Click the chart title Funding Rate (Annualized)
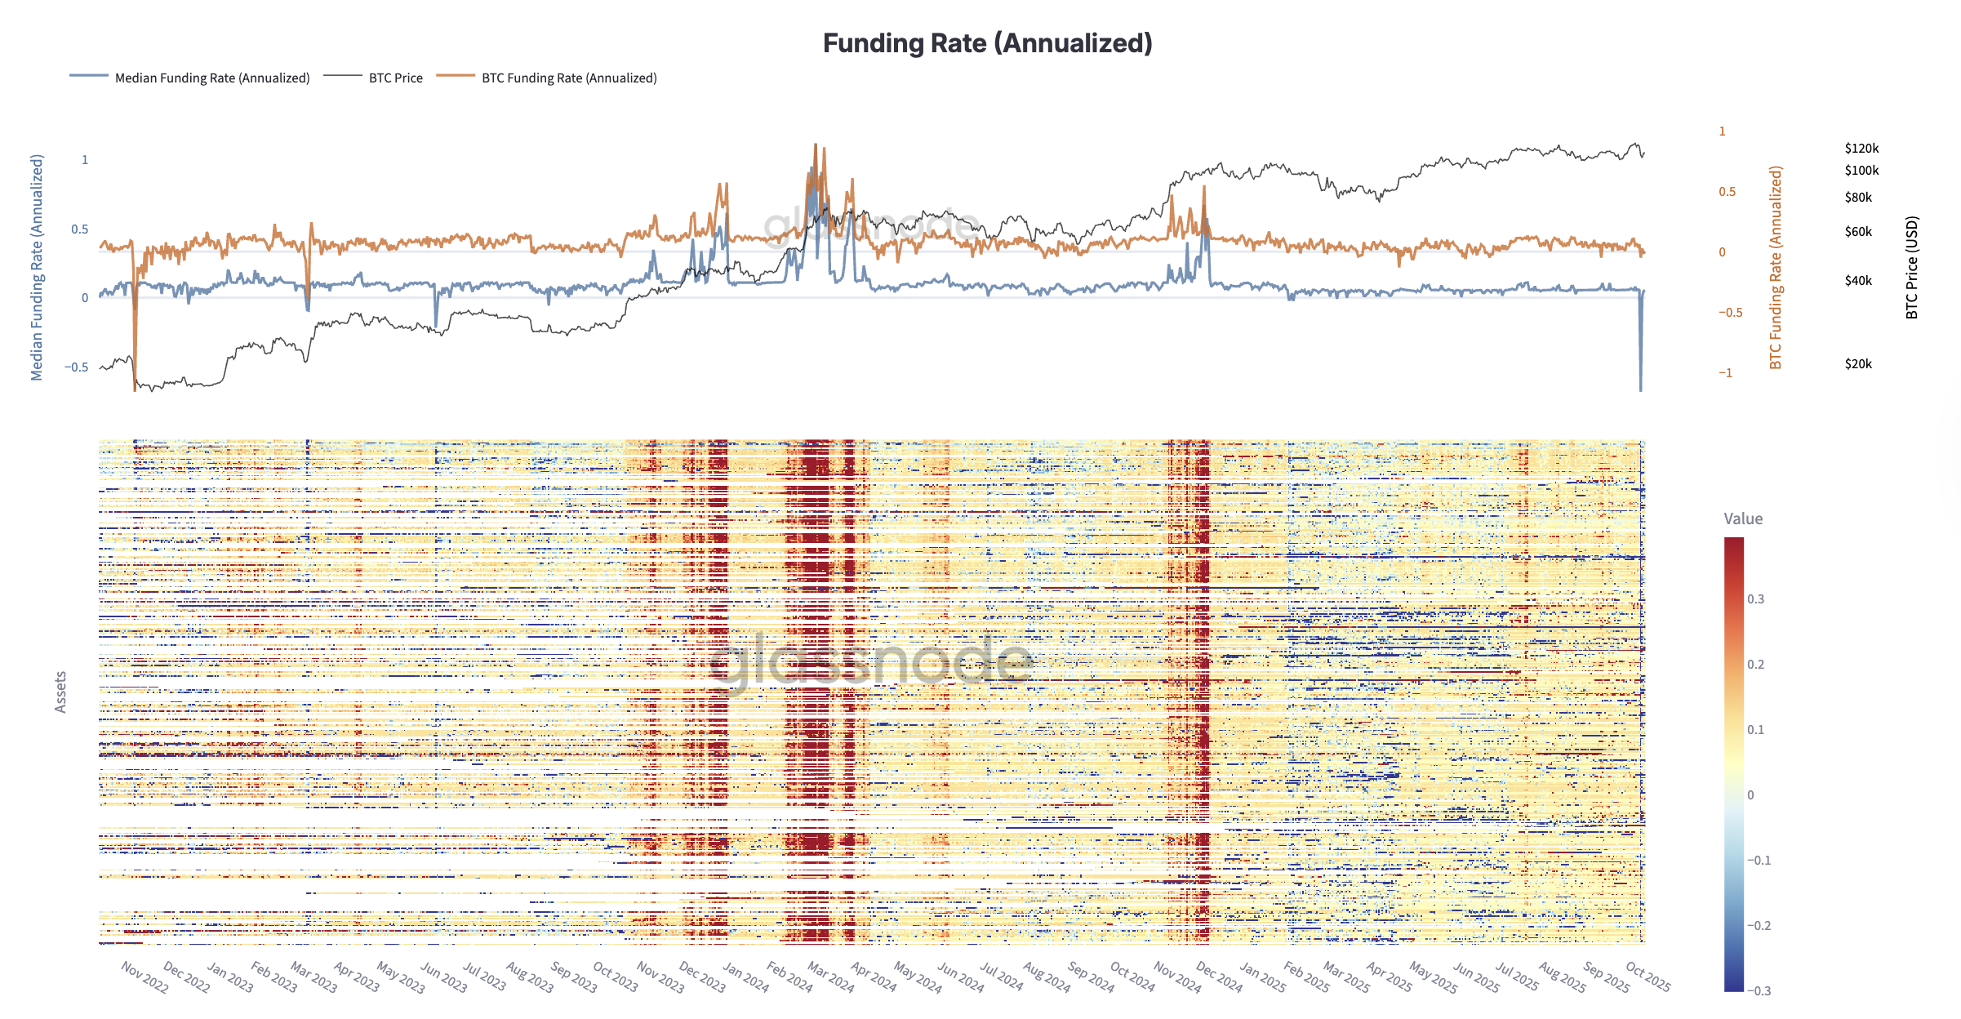tap(987, 43)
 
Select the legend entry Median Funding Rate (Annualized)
tap(211, 78)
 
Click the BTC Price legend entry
tap(395, 78)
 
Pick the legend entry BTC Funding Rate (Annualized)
tap(568, 78)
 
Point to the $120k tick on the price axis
tap(1861, 149)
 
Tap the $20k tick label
tap(1858, 364)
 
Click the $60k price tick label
tap(1858, 232)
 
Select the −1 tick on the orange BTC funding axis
tap(1725, 373)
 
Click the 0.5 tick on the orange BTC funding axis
tap(1727, 192)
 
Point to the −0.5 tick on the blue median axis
tap(77, 367)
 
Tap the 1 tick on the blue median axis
tap(84, 160)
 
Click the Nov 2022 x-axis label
tap(145, 977)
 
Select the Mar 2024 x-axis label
tap(830, 977)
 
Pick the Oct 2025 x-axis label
tap(1648, 977)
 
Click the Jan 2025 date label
tap(1262, 977)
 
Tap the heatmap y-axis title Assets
tap(60, 692)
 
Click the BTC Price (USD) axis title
tap(1911, 268)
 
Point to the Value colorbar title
tap(1743, 518)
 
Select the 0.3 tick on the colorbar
tap(1755, 599)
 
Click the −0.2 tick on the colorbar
tap(1759, 926)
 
